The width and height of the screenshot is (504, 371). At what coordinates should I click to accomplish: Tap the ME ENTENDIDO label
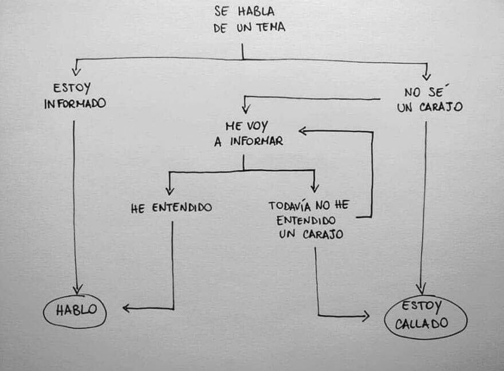tap(171, 208)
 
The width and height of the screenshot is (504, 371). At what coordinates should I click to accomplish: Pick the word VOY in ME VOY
tap(257, 126)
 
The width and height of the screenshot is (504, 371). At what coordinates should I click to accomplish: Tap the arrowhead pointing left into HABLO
tap(126, 308)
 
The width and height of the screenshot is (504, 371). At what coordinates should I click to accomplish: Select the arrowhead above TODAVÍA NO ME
tap(314, 188)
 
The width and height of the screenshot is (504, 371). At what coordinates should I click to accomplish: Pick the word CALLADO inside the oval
tap(422, 324)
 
